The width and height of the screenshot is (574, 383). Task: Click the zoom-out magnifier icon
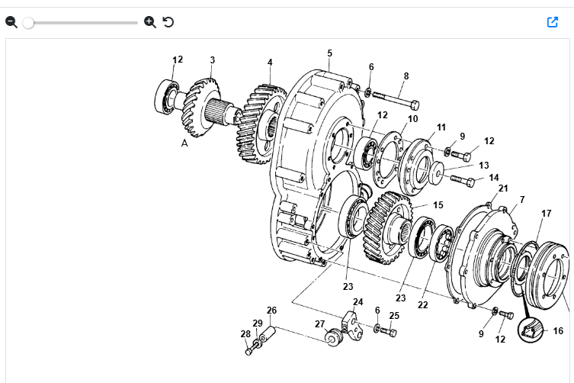tap(11, 22)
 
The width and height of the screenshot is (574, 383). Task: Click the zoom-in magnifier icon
tap(150, 22)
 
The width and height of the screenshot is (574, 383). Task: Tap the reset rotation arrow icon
tap(168, 22)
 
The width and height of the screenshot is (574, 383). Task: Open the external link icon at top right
tap(553, 22)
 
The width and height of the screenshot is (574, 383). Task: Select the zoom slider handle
tap(28, 23)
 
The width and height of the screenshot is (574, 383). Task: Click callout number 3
tap(213, 60)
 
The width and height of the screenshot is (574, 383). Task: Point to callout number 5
tap(330, 53)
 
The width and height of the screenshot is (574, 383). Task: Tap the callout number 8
tap(406, 76)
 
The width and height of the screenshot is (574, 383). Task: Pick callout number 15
tap(438, 205)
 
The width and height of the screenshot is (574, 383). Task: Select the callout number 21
tap(503, 188)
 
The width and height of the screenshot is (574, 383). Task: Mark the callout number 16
tap(558, 331)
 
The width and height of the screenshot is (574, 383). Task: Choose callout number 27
tap(319, 323)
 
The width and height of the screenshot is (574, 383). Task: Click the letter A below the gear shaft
tap(184, 142)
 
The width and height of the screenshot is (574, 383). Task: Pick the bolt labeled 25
tap(389, 332)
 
